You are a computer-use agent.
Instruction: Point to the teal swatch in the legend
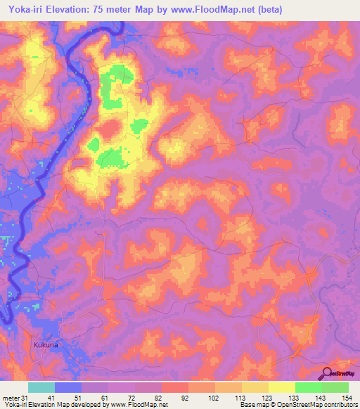(41, 387)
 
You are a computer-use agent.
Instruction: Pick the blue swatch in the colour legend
(67, 387)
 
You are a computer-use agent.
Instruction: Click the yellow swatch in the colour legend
(281, 387)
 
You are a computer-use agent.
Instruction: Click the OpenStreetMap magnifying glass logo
(326, 373)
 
